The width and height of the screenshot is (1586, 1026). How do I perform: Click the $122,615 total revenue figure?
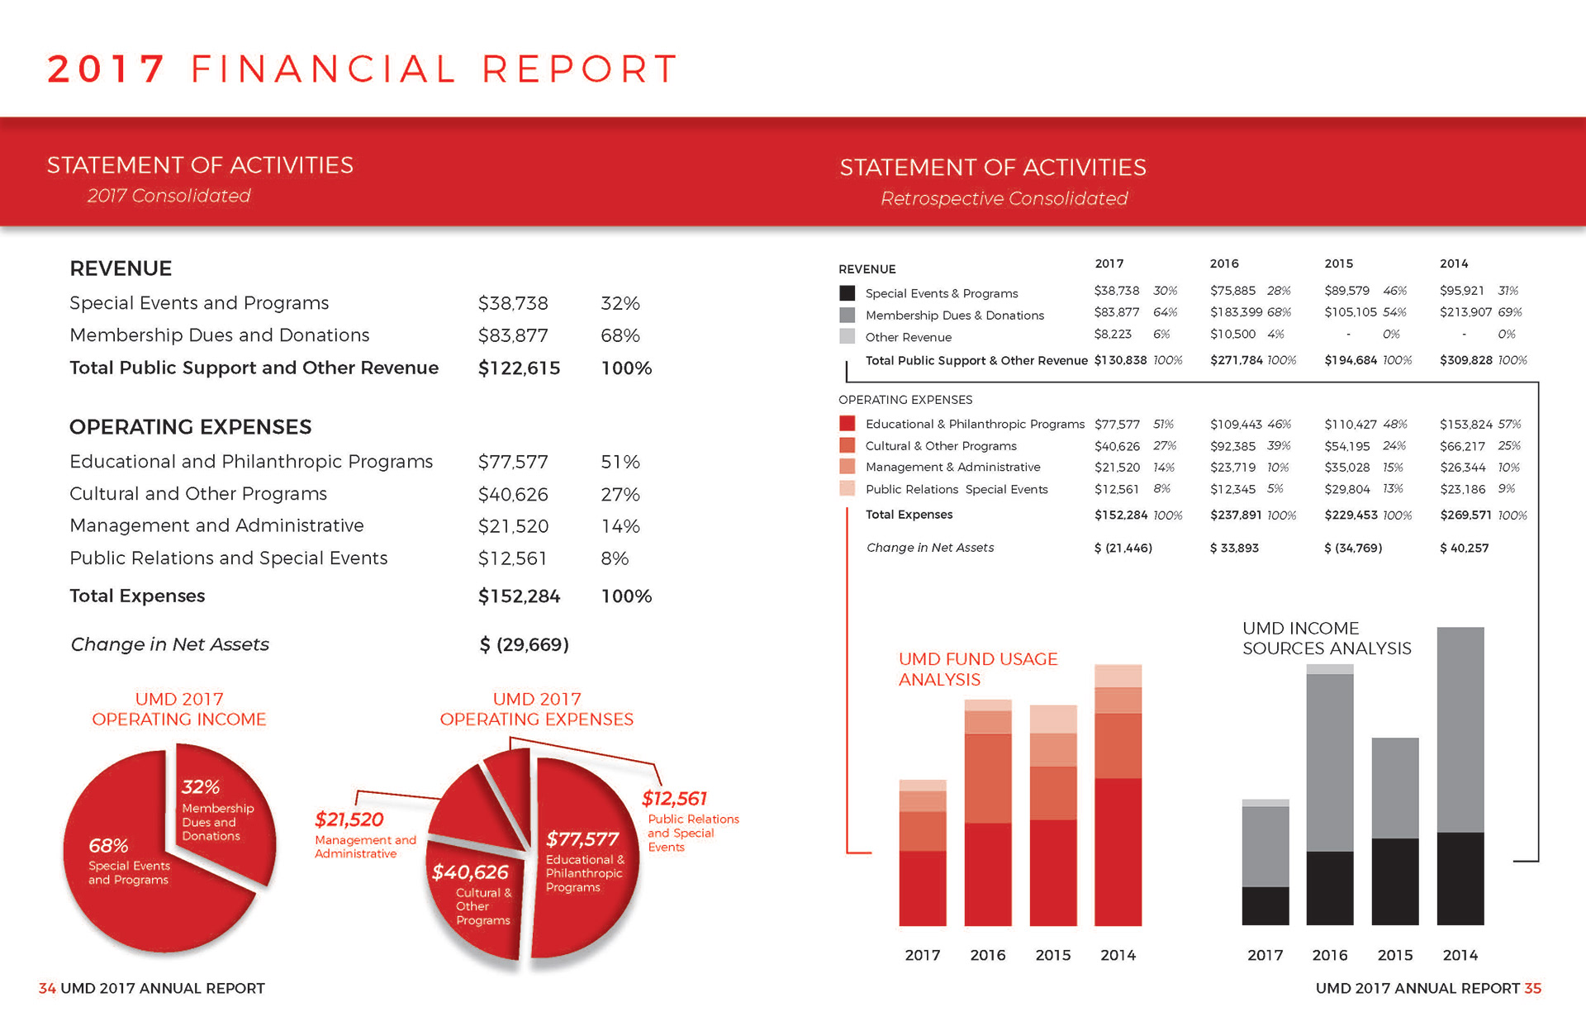tap(519, 368)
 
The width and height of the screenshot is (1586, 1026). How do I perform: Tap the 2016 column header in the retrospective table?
tap(1224, 264)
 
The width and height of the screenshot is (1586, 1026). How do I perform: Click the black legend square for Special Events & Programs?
tap(847, 293)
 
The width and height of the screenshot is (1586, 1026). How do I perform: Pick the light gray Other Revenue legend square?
tap(847, 336)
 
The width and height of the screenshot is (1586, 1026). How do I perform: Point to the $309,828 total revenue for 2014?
tap(1465, 360)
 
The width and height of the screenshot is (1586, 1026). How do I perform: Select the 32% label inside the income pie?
tap(201, 787)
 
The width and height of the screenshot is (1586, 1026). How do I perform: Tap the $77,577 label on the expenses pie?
tap(582, 839)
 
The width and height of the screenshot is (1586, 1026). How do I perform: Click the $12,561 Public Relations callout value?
tap(674, 799)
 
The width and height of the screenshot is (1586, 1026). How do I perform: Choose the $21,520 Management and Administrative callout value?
tap(349, 819)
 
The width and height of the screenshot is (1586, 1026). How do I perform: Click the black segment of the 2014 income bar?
tap(1460, 878)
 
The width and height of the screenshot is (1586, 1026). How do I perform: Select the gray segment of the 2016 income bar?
tap(1330, 762)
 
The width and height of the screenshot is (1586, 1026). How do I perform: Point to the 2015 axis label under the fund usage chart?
tap(1053, 955)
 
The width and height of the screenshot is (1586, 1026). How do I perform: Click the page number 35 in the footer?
tap(1532, 988)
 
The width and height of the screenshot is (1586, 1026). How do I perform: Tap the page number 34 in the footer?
tap(47, 988)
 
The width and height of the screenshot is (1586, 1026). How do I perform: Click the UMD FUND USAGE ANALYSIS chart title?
tap(977, 669)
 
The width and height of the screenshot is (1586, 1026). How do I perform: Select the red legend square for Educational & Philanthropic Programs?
tap(847, 424)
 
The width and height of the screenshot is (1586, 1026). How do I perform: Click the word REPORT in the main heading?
tap(580, 69)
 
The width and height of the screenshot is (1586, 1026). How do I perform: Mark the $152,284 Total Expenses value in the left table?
tap(519, 596)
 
